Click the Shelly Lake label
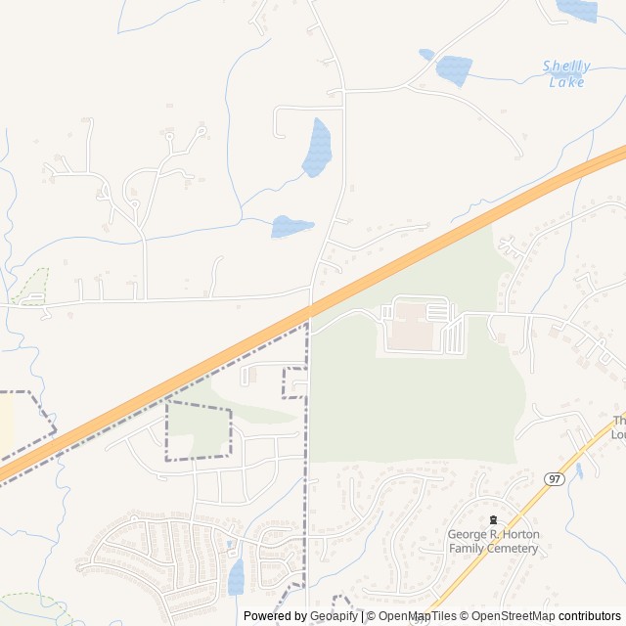(x=566, y=74)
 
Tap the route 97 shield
(x=555, y=478)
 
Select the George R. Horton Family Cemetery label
(x=493, y=541)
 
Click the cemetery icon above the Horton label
(x=493, y=520)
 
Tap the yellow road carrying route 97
(x=509, y=528)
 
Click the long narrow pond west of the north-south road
(x=317, y=148)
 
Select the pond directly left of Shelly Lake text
(x=453, y=70)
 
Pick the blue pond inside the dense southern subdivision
(x=236, y=576)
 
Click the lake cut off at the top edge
(x=577, y=9)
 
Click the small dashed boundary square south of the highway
(x=294, y=383)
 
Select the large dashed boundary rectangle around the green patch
(x=199, y=429)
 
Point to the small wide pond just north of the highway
(x=291, y=226)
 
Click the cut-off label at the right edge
(x=618, y=427)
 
